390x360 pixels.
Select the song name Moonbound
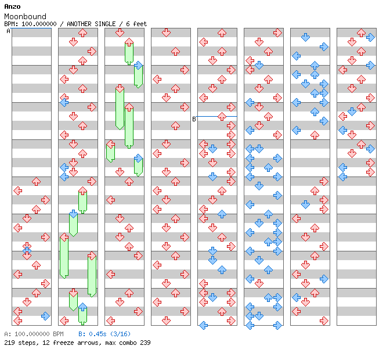pos(25,16)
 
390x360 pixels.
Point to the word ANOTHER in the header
pos(80,24)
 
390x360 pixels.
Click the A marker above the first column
pos(9,31)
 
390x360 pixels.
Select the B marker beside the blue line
pos(194,119)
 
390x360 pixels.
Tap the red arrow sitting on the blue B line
pos(222,117)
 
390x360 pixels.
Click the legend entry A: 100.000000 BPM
pos(33,334)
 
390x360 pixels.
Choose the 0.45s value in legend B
pos(96,334)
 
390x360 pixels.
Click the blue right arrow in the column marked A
pos(45,316)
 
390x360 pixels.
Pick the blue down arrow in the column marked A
pos(27,248)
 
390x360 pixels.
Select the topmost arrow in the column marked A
pos(36,181)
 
